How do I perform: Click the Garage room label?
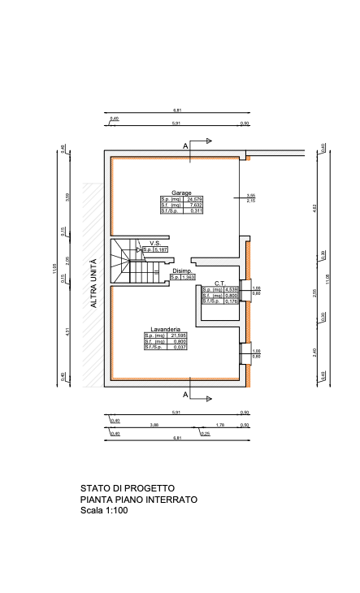click(x=181, y=193)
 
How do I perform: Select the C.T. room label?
click(x=219, y=284)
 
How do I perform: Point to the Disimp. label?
click(x=182, y=271)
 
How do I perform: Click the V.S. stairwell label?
click(x=154, y=243)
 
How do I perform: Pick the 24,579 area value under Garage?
click(x=194, y=199)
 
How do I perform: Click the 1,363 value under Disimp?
click(x=189, y=278)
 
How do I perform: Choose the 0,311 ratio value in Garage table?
click(x=194, y=211)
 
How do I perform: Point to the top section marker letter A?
click(x=186, y=145)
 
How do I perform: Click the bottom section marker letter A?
click(x=186, y=394)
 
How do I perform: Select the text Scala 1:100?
click(x=104, y=511)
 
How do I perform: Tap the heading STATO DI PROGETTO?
click(x=127, y=488)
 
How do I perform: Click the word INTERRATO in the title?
click(x=171, y=500)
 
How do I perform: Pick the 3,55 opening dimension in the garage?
click(x=251, y=196)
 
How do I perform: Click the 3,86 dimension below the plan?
click(x=154, y=425)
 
